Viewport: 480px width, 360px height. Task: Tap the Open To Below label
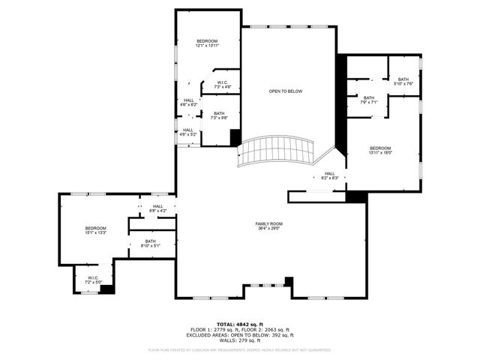285,91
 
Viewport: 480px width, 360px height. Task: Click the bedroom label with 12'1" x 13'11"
207,43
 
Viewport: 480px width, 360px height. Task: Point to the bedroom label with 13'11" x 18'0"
380,150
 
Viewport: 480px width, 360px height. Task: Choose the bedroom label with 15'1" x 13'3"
95,230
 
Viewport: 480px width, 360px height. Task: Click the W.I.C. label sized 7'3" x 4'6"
222,85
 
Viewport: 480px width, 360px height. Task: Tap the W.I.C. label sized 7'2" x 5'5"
93,280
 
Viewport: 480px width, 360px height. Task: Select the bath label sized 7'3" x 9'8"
218,115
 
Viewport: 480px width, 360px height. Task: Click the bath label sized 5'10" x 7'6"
403,82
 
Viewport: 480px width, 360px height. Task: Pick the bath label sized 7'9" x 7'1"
369,100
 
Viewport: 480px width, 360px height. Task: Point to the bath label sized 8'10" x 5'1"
150,243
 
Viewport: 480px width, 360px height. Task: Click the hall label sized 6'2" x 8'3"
330,175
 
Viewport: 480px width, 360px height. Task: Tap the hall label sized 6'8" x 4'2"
158,208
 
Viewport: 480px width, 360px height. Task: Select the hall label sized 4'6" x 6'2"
188,102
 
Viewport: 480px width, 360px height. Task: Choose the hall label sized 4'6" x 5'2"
188,132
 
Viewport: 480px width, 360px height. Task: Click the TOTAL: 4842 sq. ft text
239,324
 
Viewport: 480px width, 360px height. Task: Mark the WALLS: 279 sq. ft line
239,340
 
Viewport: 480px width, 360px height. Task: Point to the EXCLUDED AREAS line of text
239,335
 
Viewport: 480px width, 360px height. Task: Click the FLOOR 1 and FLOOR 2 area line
239,330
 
